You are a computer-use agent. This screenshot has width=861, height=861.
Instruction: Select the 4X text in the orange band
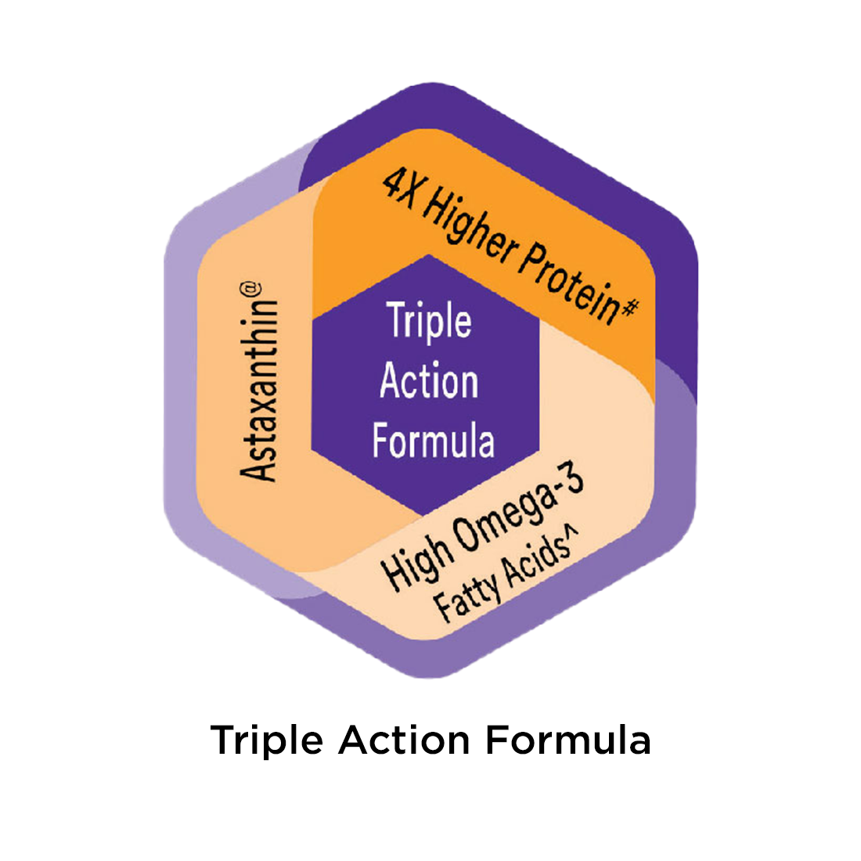400,189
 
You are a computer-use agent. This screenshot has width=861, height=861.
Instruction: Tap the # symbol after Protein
630,308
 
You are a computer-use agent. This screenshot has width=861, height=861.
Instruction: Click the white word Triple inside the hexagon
429,320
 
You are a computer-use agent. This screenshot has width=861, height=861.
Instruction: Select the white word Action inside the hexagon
429,380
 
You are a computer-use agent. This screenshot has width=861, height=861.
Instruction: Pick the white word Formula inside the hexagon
434,439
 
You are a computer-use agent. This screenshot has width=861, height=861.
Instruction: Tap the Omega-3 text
519,510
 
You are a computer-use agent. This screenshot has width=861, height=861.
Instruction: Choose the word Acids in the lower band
531,563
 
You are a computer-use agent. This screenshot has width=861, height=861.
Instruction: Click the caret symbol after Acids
571,532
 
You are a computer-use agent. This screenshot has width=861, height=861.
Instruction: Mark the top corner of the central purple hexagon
427,255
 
